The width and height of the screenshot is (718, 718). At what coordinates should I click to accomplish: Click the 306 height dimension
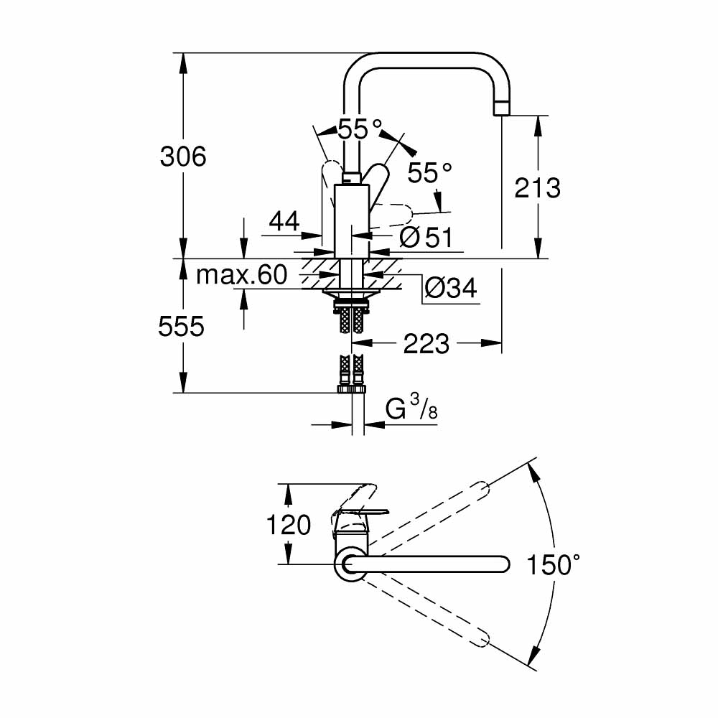click(182, 156)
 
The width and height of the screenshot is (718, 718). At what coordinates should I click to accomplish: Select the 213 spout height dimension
click(537, 188)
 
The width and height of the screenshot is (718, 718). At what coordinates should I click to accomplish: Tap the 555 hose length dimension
click(182, 327)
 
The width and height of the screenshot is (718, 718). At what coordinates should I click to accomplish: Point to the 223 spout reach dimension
click(426, 344)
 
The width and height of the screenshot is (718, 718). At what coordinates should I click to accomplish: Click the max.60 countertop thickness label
click(241, 274)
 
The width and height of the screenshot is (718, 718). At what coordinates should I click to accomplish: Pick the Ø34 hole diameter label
click(450, 289)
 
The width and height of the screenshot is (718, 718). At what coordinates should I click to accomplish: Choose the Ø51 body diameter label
click(426, 237)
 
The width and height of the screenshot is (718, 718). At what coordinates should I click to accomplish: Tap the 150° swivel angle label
click(552, 565)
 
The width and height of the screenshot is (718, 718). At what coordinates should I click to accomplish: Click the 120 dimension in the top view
click(289, 525)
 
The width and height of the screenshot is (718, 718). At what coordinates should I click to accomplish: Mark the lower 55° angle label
click(429, 172)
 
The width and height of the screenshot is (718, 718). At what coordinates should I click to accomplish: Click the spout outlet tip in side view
click(501, 108)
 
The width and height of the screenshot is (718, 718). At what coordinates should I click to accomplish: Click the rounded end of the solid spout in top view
click(502, 564)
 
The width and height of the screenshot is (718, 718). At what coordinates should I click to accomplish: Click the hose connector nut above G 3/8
click(351, 388)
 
